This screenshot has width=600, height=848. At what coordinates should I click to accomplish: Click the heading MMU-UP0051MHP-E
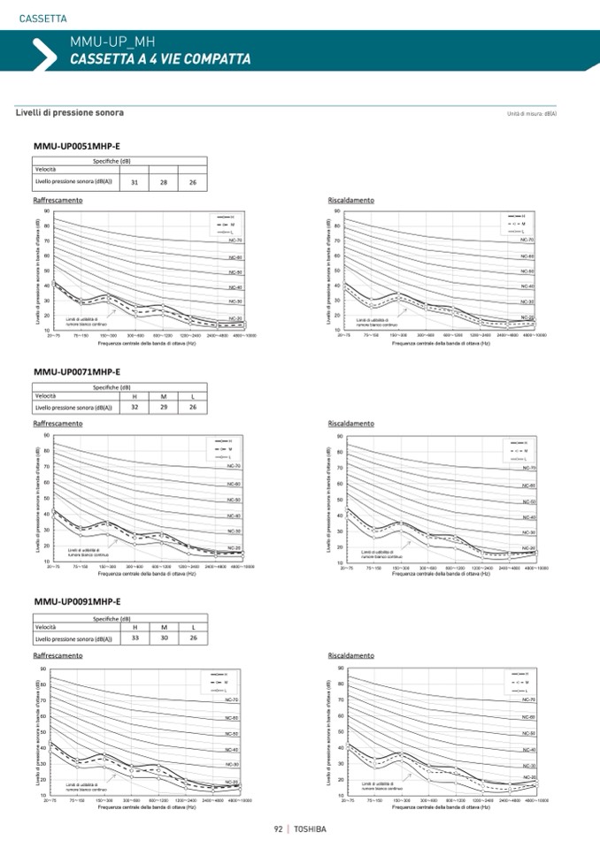[x=76, y=146]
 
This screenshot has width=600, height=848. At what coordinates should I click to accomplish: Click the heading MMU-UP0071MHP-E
[x=76, y=372]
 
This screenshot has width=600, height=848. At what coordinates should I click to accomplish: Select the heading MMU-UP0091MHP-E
[x=76, y=602]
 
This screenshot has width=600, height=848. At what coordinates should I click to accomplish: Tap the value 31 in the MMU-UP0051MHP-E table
[x=135, y=182]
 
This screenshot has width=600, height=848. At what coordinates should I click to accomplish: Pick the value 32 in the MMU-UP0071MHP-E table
[x=135, y=407]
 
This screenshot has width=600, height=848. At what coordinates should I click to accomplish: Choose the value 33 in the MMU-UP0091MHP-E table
[x=135, y=638]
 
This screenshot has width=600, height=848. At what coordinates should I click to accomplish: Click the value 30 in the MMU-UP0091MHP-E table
[x=164, y=638]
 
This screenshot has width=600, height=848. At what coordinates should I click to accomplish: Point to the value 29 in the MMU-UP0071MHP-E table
[x=164, y=407]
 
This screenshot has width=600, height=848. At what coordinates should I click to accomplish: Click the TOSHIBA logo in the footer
[x=310, y=829]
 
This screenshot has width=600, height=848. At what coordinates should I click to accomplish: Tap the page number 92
[x=278, y=829]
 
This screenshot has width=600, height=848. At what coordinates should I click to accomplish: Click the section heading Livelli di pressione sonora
[x=69, y=113]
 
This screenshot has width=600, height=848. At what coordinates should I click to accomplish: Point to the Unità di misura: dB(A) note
[x=531, y=114]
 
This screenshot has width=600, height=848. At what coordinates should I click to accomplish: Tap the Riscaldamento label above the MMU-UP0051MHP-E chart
[x=350, y=201]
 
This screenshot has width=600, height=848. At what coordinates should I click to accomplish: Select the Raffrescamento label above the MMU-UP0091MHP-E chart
[x=58, y=655]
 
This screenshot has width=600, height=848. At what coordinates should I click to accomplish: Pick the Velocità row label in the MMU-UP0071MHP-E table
[x=46, y=396]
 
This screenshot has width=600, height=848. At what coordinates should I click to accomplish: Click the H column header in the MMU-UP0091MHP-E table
[x=135, y=627]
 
